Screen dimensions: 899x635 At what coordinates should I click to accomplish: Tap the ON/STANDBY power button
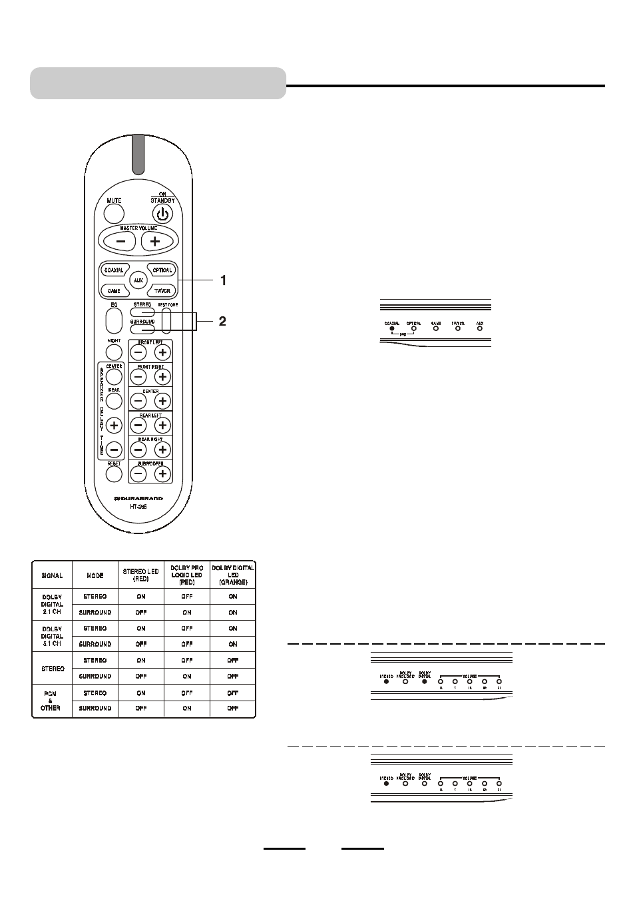pyautogui.click(x=162, y=214)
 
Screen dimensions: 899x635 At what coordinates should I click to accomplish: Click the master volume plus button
pyautogui.click(x=154, y=241)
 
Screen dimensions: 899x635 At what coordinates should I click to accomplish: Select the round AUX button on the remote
pyautogui.click(x=138, y=280)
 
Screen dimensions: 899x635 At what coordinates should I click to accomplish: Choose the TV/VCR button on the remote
pyautogui.click(x=162, y=291)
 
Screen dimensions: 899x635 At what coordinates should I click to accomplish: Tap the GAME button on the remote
pyautogui.click(x=114, y=291)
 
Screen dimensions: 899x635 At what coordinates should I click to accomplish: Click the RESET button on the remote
pyautogui.click(x=114, y=473)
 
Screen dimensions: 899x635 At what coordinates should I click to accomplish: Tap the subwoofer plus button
pyautogui.click(x=162, y=473)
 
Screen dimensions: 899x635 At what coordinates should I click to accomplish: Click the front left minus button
pyautogui.click(x=138, y=352)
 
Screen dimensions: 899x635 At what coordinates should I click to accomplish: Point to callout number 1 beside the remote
pyautogui.click(x=224, y=281)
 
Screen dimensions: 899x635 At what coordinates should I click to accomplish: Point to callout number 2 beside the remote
pyautogui.click(x=222, y=321)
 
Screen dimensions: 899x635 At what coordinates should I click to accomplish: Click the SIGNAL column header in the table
pyautogui.click(x=52, y=575)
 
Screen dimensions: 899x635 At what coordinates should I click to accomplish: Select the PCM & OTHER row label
pyautogui.click(x=51, y=701)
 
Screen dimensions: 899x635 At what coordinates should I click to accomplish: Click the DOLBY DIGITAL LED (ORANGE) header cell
pyautogui.click(x=232, y=575)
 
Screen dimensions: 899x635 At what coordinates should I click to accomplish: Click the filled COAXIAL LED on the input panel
pyautogui.click(x=392, y=328)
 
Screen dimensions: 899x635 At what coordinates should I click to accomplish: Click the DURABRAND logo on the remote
pyautogui.click(x=138, y=497)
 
